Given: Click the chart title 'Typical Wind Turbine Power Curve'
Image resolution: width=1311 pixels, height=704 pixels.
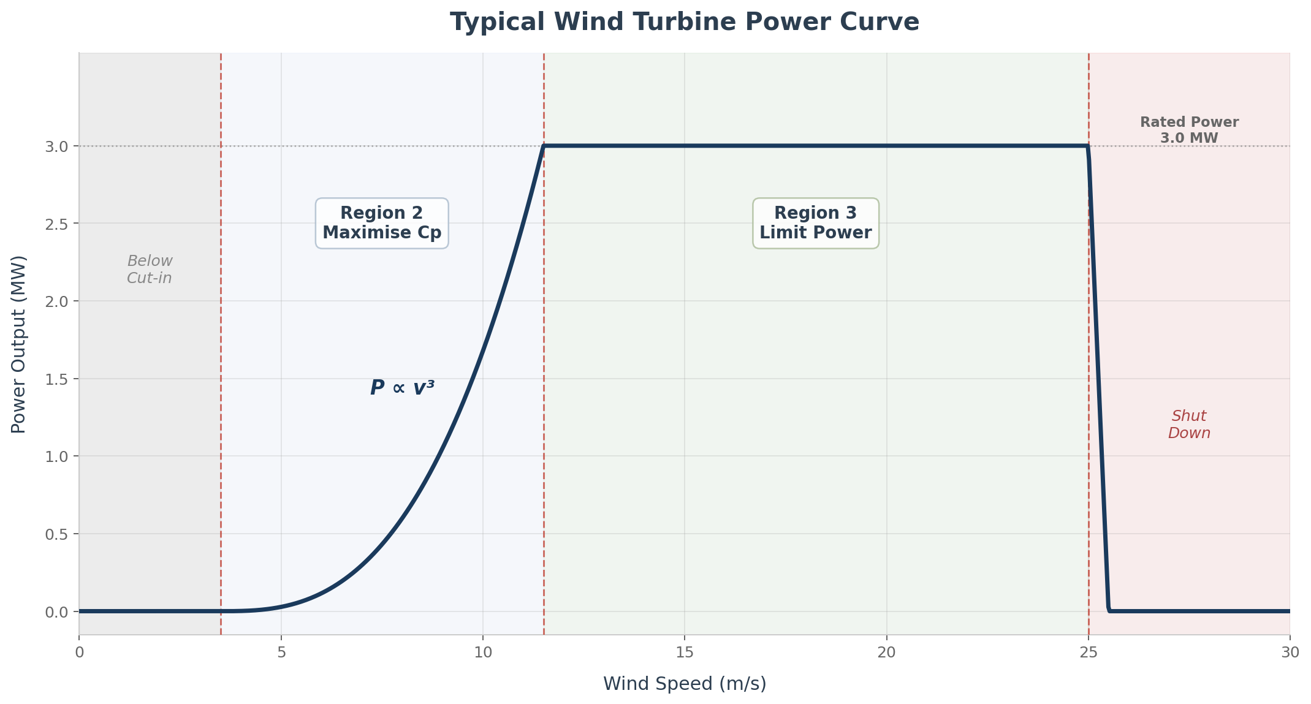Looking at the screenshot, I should pyautogui.click(x=684, y=23).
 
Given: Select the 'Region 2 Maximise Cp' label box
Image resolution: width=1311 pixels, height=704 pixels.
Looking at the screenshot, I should pyautogui.click(x=382, y=223).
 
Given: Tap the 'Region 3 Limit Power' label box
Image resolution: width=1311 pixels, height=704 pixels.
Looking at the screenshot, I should pyautogui.click(x=815, y=223).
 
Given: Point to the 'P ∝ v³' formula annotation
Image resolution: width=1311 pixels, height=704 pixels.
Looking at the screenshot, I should pyautogui.click(x=402, y=388).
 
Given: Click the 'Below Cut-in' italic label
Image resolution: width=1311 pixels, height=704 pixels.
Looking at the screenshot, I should pyautogui.click(x=150, y=270).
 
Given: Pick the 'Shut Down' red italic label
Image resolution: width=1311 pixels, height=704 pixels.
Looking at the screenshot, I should pyautogui.click(x=1189, y=425).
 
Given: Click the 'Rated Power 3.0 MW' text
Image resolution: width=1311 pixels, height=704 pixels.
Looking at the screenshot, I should pyautogui.click(x=1189, y=130).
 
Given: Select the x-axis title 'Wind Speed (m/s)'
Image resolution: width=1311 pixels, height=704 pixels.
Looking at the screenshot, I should pyautogui.click(x=684, y=684).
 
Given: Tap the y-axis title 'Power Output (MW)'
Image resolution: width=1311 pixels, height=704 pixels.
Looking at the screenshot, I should pyautogui.click(x=19, y=344).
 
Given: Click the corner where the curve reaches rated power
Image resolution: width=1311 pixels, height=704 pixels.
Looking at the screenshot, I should pyautogui.click(x=544, y=146).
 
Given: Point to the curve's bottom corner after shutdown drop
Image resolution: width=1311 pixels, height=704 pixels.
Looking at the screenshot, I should pyautogui.click(x=1109, y=610).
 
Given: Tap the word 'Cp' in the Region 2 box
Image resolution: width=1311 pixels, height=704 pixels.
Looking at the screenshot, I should pyautogui.click(x=430, y=233).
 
